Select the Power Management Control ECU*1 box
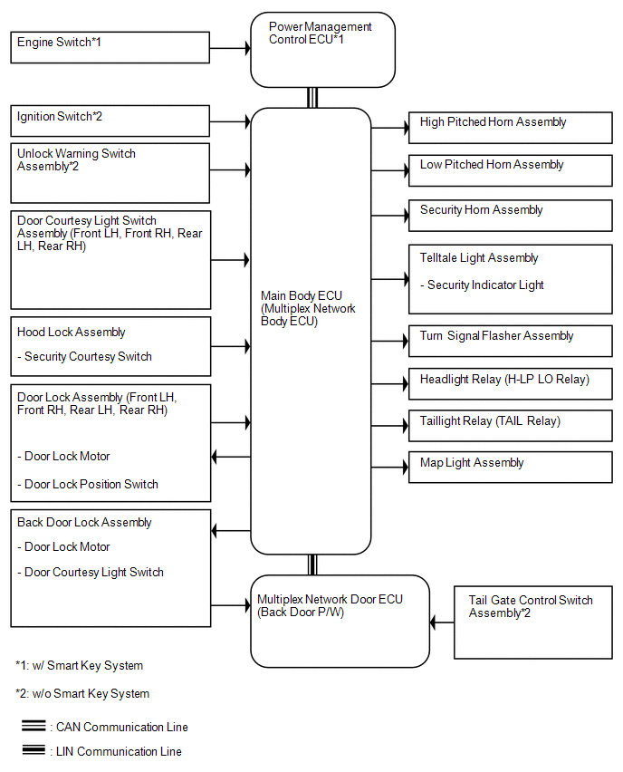pos(322,50)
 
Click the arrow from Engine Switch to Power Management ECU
pos(230,48)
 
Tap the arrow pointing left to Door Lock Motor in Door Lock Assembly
pos(231,457)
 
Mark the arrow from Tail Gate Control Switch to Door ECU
pos(442,622)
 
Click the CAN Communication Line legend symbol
pos(34,726)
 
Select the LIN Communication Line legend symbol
pos(34,750)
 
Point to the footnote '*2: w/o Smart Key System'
pos(82,694)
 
